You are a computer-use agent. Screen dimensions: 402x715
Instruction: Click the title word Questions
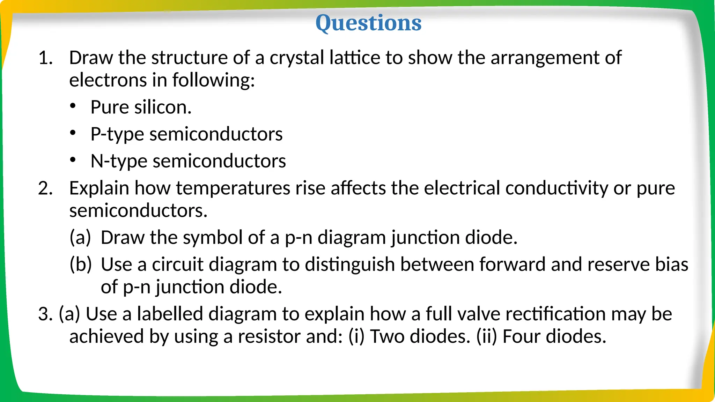(x=368, y=23)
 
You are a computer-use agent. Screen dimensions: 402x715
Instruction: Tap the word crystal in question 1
(x=296, y=58)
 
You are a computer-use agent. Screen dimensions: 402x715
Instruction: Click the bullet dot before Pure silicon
(x=73, y=106)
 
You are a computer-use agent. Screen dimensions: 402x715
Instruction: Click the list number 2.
(x=45, y=188)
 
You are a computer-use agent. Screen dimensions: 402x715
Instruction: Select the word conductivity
(x=556, y=188)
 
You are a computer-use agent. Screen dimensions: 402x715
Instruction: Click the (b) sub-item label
(x=80, y=265)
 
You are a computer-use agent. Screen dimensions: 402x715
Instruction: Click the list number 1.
(x=45, y=58)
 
